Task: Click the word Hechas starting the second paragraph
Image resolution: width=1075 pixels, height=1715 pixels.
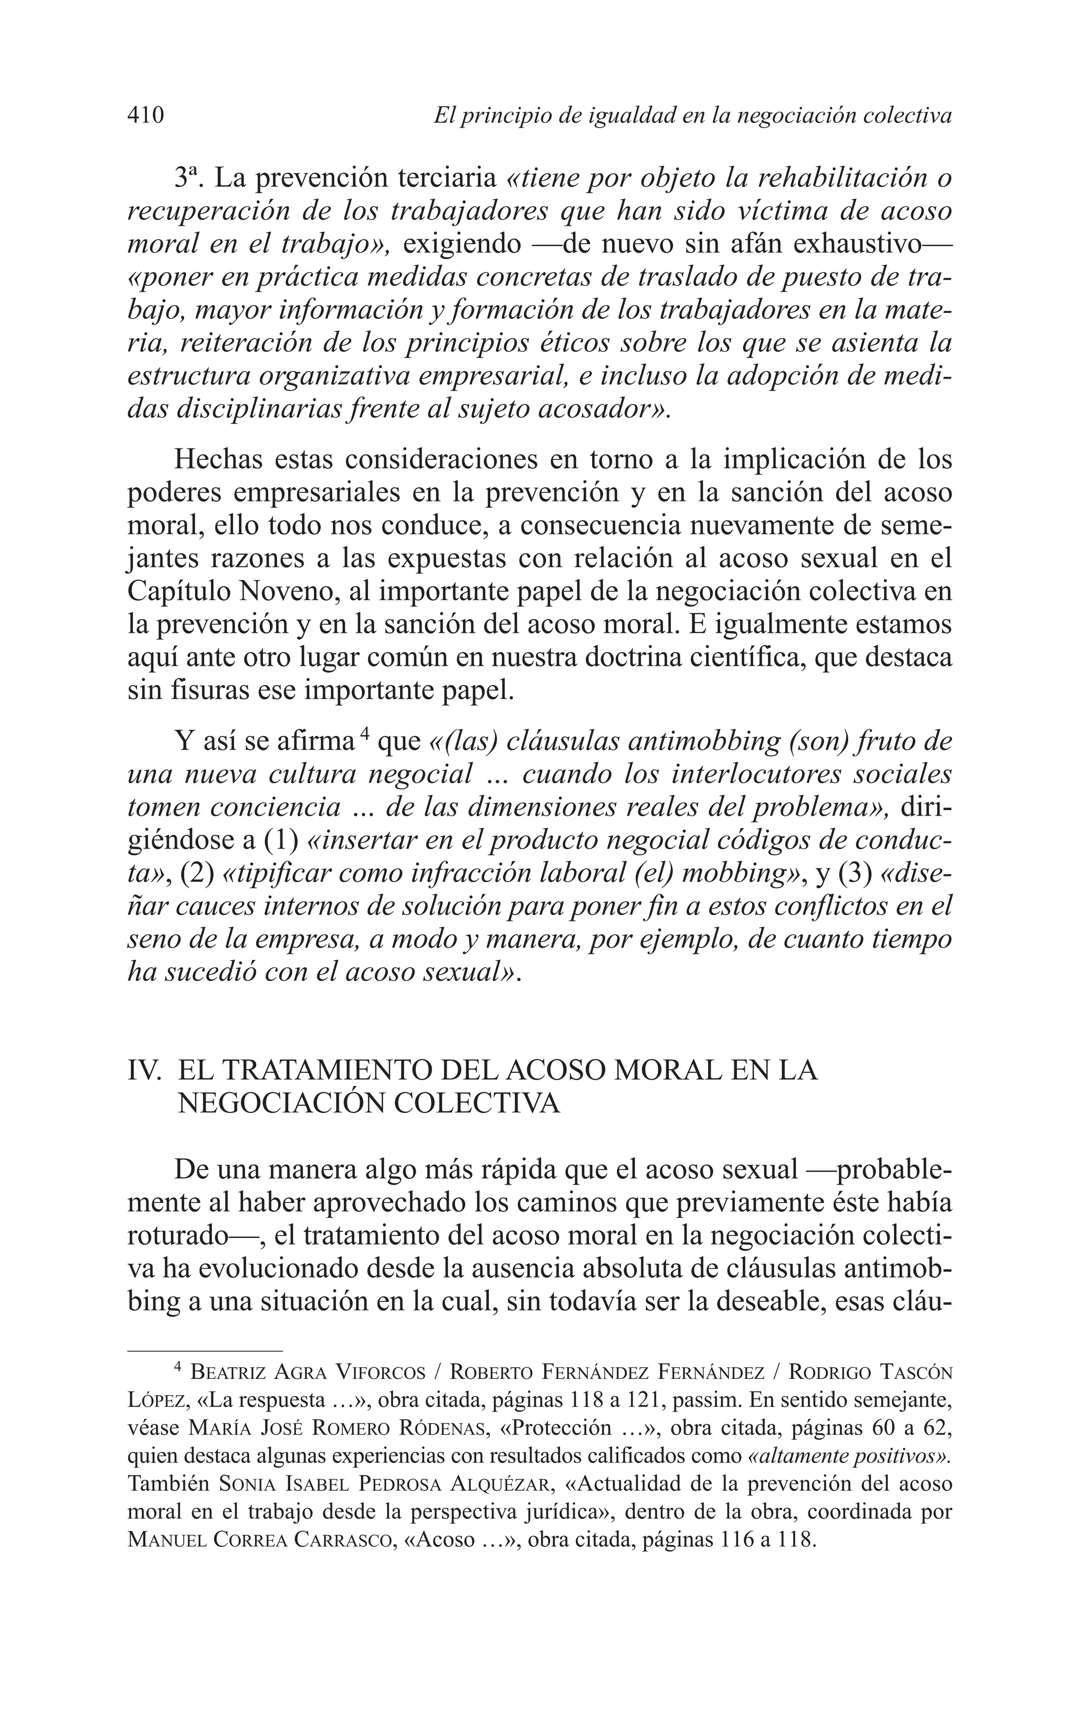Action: pyautogui.click(x=215, y=460)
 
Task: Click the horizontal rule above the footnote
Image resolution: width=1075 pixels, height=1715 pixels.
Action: pyautogui.click(x=205, y=1350)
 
